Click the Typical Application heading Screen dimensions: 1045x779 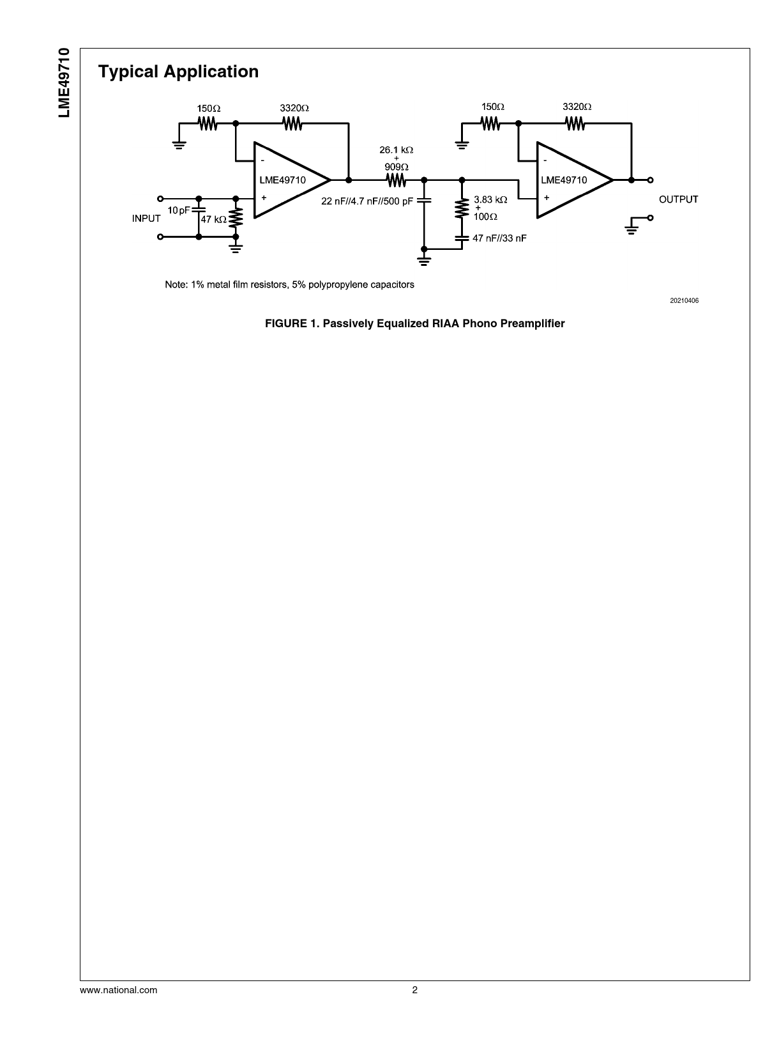pos(178,72)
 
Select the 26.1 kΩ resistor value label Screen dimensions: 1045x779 pos(396,150)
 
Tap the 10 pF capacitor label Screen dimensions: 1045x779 pos(179,210)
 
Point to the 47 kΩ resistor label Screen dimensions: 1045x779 pos(213,219)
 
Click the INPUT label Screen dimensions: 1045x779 pos(146,219)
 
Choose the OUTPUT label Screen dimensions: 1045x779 pos(678,199)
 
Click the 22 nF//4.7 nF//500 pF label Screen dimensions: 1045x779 pos(367,201)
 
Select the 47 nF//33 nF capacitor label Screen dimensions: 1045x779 pos(499,238)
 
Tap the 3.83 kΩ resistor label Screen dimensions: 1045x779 pos(490,199)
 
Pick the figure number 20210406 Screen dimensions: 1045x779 pos(684,300)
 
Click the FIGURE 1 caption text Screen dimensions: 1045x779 pos(414,323)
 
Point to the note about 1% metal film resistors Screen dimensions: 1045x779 pos(289,284)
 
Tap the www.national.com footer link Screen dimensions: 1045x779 pos(118,990)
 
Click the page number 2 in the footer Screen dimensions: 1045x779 pos(414,990)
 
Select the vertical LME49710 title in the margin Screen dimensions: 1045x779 pos(64,82)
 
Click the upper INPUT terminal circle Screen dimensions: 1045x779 pos(160,198)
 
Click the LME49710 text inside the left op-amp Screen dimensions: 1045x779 pos(282,180)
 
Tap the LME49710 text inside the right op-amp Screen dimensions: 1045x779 pos(564,180)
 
